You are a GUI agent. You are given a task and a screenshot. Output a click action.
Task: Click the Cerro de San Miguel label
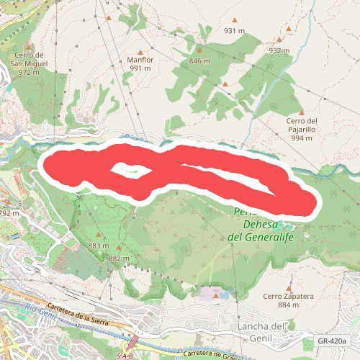point(30,63)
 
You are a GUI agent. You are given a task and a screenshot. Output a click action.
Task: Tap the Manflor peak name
point(140,64)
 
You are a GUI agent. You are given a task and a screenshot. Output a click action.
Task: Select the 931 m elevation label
point(235,31)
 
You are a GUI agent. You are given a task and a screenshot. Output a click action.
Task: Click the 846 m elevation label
point(199,61)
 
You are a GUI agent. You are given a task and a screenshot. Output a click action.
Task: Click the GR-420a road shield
point(332,341)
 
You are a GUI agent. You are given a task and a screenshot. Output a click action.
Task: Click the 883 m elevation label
point(98,246)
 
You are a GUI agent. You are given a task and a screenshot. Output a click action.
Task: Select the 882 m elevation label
point(119,258)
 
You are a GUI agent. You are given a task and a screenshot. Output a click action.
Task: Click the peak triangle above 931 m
point(234,20)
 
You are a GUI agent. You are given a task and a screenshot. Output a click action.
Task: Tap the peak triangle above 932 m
point(289,30)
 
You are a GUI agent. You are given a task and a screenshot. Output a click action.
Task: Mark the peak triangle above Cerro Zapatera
point(288,285)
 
